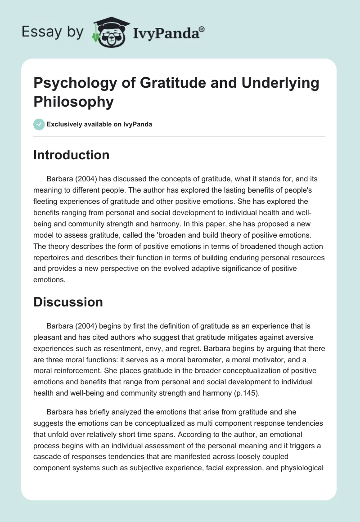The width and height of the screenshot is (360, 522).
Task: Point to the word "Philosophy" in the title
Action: [x=74, y=101]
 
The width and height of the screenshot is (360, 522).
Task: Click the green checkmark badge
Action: [x=39, y=124]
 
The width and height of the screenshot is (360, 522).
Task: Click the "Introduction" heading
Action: [x=72, y=155]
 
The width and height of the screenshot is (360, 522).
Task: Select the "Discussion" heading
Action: [x=68, y=302]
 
